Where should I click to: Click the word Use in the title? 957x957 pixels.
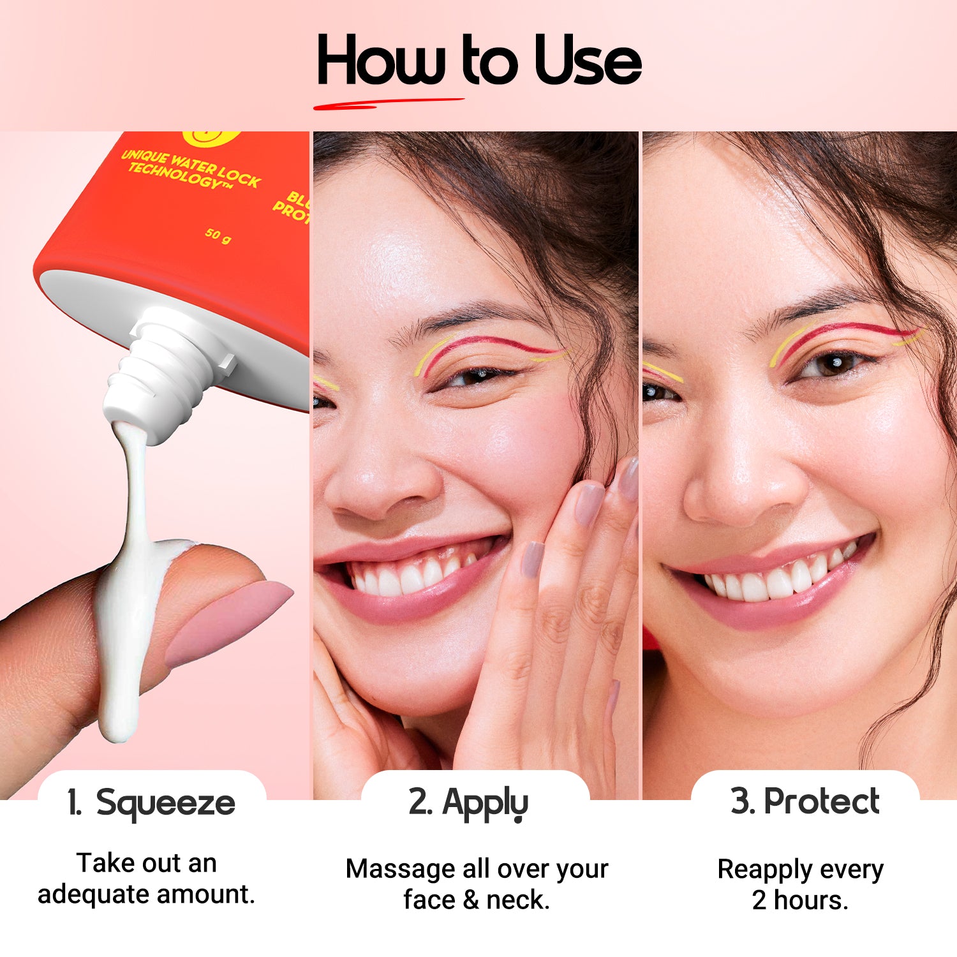click(x=587, y=61)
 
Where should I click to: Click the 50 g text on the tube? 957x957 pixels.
click(x=218, y=235)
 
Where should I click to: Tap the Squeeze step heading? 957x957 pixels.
click(x=165, y=803)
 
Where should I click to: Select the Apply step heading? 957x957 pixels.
click(x=485, y=803)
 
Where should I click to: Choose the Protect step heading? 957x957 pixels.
click(x=822, y=801)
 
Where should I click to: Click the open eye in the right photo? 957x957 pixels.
click(x=829, y=366)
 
